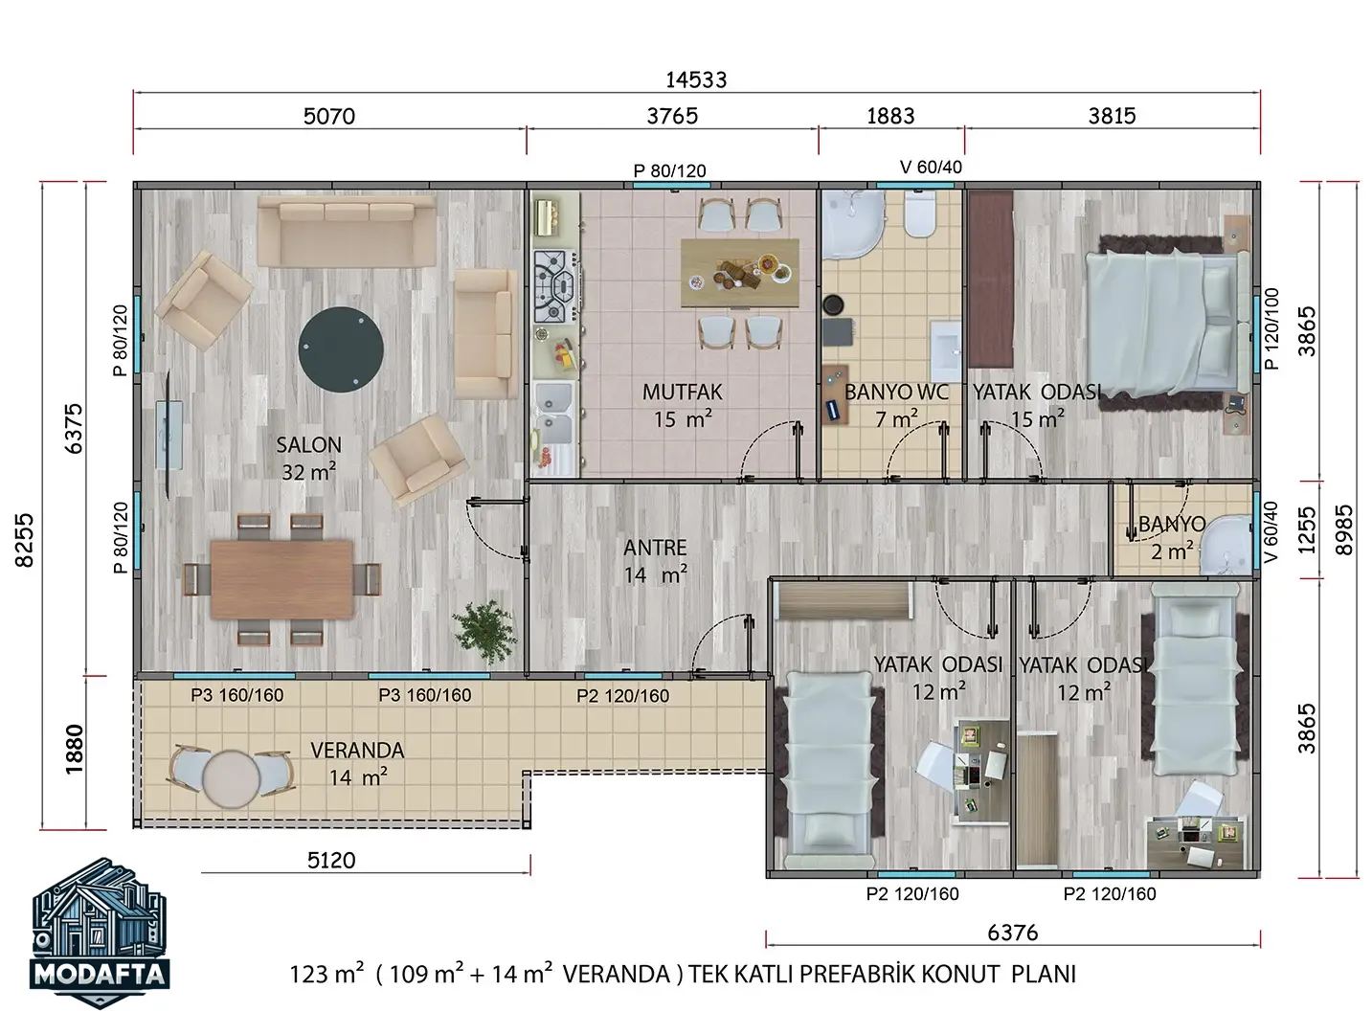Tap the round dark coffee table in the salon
(341, 349)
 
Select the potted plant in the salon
(485, 632)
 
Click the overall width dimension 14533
(696, 80)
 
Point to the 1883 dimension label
(890, 116)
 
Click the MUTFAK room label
(682, 393)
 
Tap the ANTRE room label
(655, 548)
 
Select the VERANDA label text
(357, 751)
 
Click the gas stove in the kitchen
(554, 286)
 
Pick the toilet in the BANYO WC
(919, 214)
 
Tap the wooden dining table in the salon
(281, 579)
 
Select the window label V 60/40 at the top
(931, 168)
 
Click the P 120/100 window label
(1271, 328)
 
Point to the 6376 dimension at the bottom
(1013, 933)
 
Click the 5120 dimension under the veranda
(331, 861)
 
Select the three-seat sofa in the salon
(347, 230)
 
